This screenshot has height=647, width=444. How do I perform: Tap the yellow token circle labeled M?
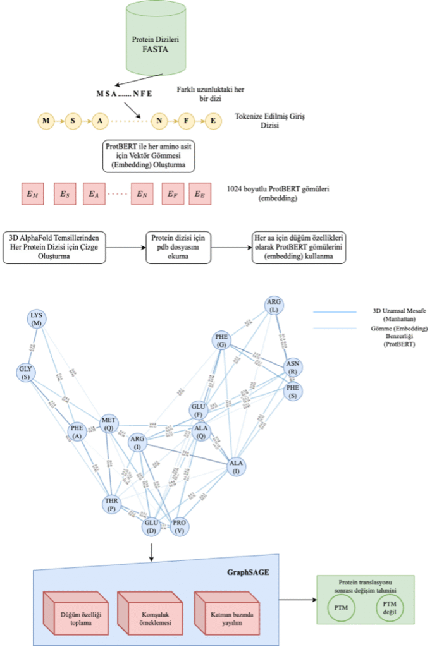(x=46, y=121)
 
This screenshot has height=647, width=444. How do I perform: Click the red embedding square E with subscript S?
(x=65, y=194)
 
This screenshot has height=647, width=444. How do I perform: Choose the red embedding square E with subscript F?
(x=173, y=194)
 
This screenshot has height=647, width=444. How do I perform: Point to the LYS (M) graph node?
(x=36, y=320)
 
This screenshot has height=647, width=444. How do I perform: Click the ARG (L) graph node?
(x=274, y=307)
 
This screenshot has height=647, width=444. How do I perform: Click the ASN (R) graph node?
(x=292, y=368)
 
